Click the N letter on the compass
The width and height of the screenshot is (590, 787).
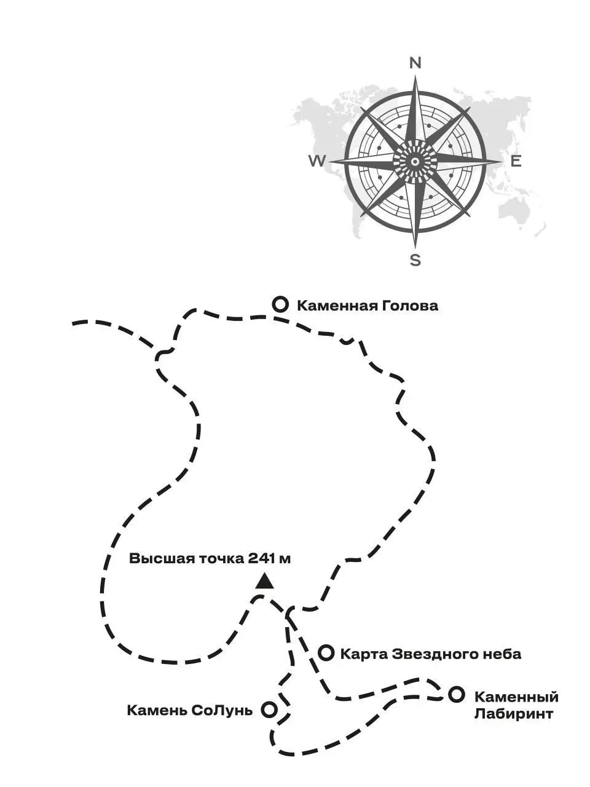pos(415,63)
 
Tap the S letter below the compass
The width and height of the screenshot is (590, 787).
pos(415,260)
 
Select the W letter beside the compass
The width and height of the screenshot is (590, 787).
pos(317,161)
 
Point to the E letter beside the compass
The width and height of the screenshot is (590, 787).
pos(516,161)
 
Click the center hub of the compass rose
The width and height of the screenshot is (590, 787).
pos(415,161)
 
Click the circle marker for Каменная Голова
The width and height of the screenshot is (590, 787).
pos(281,304)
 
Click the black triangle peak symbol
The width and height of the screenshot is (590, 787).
pos(264,581)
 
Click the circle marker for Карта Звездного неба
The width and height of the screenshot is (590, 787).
pos(326,653)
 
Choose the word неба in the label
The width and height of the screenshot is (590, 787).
pos(501,654)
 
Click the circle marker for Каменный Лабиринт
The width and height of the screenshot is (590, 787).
pos(455,695)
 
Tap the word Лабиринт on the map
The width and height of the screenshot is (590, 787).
pos(513,714)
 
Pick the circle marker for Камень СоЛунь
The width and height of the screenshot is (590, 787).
pos(269,710)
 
